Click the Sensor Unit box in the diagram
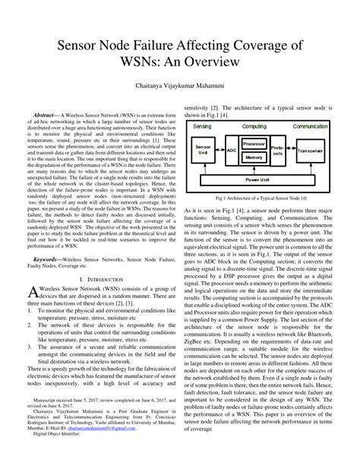point(203,150)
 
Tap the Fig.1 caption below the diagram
point(262,198)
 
